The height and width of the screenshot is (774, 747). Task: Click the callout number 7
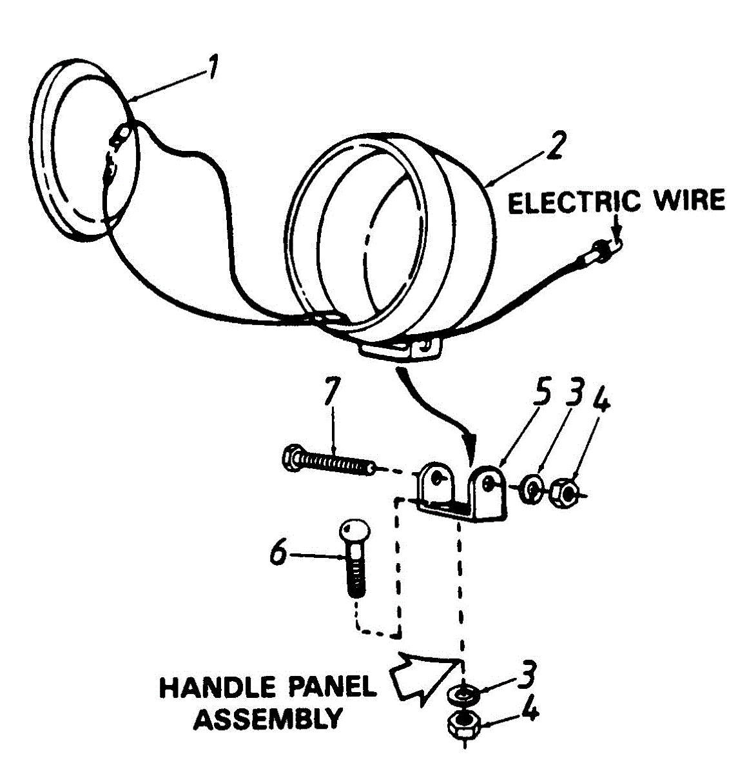point(332,392)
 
